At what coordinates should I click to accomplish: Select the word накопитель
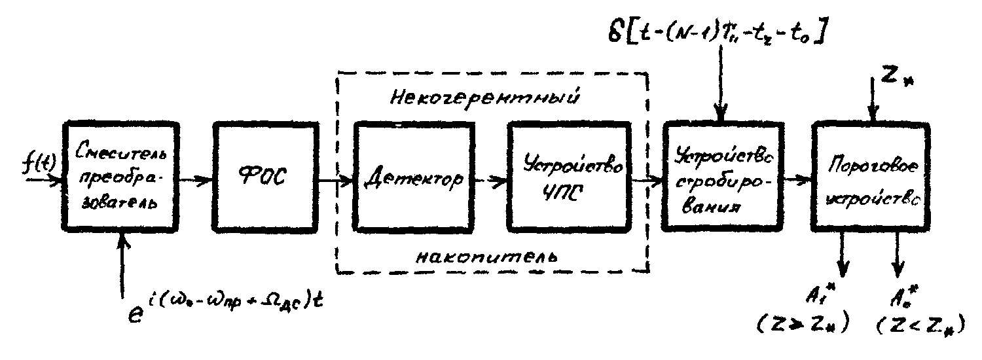coord(487,256)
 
